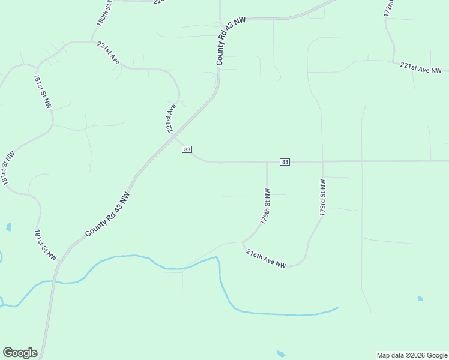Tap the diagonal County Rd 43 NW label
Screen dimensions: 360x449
(x=107, y=214)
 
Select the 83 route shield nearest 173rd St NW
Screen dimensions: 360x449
(x=285, y=162)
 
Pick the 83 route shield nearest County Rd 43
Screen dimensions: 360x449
(x=187, y=149)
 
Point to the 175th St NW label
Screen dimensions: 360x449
(x=265, y=206)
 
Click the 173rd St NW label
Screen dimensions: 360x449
(x=322, y=197)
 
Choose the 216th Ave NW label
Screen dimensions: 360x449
(x=266, y=259)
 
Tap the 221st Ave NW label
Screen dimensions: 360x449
(x=424, y=68)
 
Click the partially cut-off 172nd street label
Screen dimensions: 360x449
(x=389, y=7)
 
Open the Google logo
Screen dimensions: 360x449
(x=20, y=353)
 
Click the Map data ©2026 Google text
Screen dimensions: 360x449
(x=412, y=355)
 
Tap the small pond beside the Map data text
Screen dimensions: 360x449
(x=280, y=354)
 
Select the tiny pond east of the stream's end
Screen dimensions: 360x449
(x=420, y=298)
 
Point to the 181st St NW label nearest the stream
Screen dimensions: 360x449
(x=45, y=245)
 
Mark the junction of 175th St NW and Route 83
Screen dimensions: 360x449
(x=267, y=161)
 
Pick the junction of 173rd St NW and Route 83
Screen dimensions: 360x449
(x=323, y=161)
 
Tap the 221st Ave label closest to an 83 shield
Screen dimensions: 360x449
(x=171, y=118)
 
